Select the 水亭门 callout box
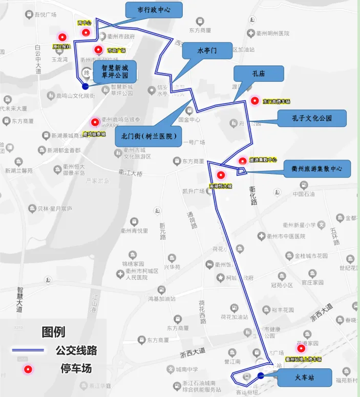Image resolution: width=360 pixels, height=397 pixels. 207,51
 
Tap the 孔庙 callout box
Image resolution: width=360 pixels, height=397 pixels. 258,74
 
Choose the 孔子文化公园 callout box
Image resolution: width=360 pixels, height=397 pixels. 312,118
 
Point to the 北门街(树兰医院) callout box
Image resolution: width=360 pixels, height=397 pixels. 149,137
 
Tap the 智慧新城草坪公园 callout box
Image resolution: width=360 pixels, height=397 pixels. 118,72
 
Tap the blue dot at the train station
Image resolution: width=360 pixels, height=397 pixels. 261,376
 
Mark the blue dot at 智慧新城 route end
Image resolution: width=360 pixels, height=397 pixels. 86,86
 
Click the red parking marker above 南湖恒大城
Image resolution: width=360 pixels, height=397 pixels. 221,175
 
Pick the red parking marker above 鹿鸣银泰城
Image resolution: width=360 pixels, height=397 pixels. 95,122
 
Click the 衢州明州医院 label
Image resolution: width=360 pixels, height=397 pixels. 273,34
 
